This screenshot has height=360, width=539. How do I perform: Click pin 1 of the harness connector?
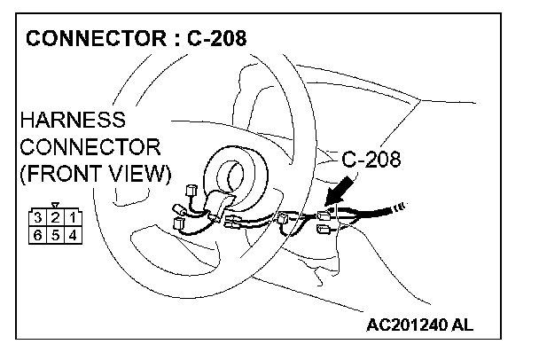pos(72,217)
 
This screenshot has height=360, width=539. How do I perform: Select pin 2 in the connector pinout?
pos(55,217)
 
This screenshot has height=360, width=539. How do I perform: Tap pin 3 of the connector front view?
pos(38,217)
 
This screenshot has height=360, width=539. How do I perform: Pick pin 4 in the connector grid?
pos(72,234)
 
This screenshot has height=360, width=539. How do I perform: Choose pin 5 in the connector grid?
pos(55,234)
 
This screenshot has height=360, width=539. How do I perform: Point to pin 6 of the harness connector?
pos(38,234)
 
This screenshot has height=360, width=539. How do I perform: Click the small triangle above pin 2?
pos(55,205)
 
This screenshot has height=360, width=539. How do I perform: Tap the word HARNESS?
pos(72,119)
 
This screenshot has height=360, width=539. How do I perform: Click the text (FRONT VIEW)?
pos(94,174)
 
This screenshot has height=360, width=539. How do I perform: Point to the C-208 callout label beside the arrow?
pos(371,160)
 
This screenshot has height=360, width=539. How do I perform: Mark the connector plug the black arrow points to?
pos(326,215)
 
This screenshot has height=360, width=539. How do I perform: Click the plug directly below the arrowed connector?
pos(322,233)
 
